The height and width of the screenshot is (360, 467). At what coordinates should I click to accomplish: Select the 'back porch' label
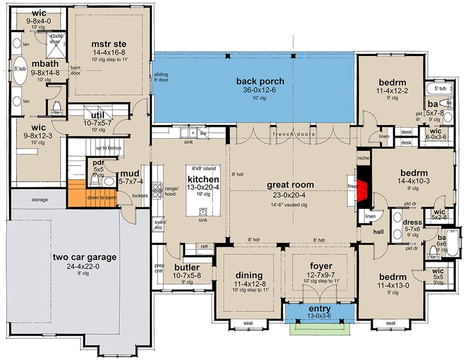click(x=255, y=81)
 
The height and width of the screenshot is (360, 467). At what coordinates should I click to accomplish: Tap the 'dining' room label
click(x=250, y=275)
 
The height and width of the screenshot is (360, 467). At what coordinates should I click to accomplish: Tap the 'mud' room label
click(x=129, y=173)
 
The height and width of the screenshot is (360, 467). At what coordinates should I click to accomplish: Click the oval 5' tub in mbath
click(x=19, y=70)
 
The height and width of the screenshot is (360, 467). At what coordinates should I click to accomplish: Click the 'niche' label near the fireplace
click(x=363, y=157)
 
